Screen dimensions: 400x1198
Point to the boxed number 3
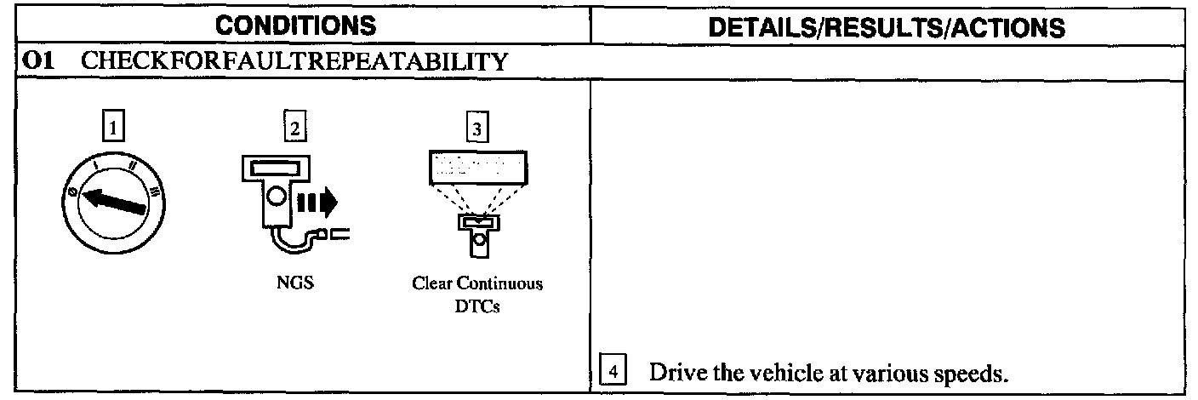pyautogui.click(x=476, y=130)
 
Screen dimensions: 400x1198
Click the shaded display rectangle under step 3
pyautogui.click(x=476, y=167)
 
